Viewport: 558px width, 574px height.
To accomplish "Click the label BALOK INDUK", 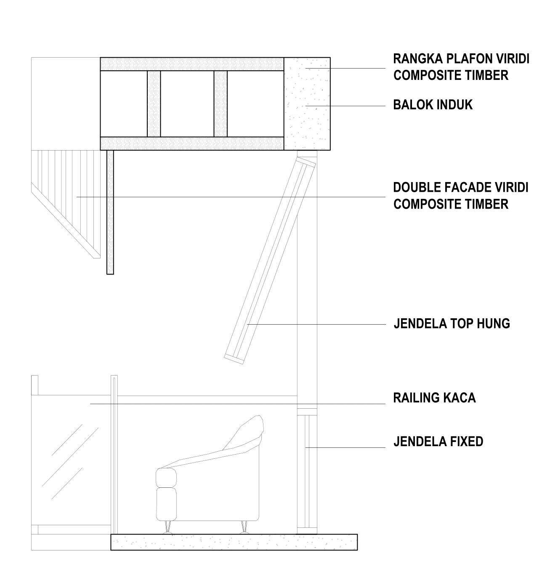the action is tap(433, 105).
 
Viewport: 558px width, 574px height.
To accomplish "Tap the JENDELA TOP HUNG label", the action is tap(452, 324).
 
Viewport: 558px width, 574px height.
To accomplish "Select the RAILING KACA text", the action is tap(434, 398).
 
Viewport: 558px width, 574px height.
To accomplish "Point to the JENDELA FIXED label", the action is tap(438, 442).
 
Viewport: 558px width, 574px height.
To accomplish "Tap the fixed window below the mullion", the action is tap(307, 471).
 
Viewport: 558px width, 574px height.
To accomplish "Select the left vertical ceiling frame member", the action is tap(154, 104).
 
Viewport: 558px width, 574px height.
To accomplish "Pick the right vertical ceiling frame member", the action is tap(221, 104).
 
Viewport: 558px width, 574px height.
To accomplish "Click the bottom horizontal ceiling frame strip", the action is tap(192, 143).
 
